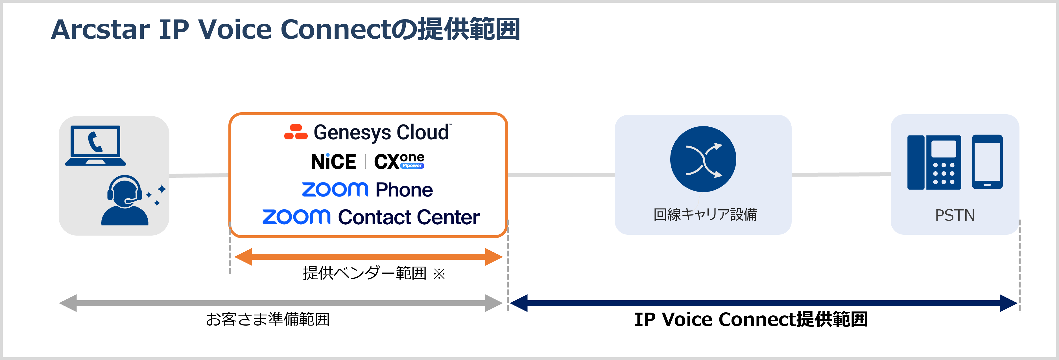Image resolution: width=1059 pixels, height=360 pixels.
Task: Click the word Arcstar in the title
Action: (101, 30)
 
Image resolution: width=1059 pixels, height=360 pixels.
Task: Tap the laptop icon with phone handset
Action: (95, 145)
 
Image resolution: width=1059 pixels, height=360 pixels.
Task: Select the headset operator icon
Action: (125, 201)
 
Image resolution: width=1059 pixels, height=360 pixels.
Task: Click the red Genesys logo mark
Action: (296, 132)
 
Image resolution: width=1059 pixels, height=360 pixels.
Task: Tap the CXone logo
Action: (399, 161)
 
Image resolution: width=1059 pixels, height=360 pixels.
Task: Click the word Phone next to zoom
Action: (404, 190)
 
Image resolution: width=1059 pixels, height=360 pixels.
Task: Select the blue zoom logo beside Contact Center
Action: (296, 217)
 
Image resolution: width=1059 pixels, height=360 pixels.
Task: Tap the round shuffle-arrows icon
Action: (703, 159)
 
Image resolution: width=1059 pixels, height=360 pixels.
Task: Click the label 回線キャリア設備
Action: (705, 214)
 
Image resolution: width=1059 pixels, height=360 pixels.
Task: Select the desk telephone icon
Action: (934, 162)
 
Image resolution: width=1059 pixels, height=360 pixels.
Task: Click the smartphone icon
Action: (987, 161)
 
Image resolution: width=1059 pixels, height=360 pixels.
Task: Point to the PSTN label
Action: (955, 215)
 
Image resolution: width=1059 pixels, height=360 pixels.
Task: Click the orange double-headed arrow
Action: (368, 257)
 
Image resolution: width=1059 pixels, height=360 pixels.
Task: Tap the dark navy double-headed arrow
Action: (763, 303)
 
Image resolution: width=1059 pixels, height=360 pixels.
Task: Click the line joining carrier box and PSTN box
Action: (841, 175)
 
